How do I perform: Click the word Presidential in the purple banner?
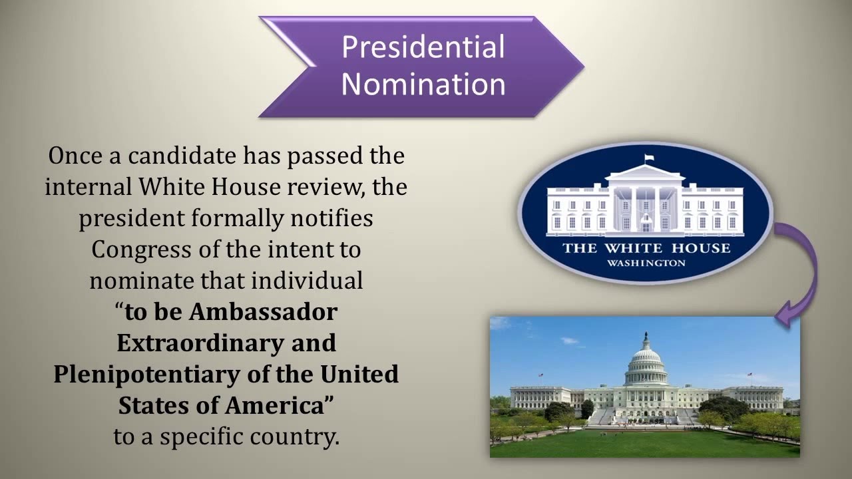(423, 48)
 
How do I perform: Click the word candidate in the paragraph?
(182, 156)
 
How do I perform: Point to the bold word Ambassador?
(264, 311)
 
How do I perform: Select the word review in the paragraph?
(325, 187)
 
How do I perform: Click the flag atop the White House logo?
(649, 158)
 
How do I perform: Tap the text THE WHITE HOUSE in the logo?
(646, 249)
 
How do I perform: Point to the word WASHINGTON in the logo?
(646, 263)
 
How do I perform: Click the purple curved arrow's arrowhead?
(785, 315)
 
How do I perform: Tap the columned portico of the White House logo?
(646, 206)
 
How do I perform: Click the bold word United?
(359, 374)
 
